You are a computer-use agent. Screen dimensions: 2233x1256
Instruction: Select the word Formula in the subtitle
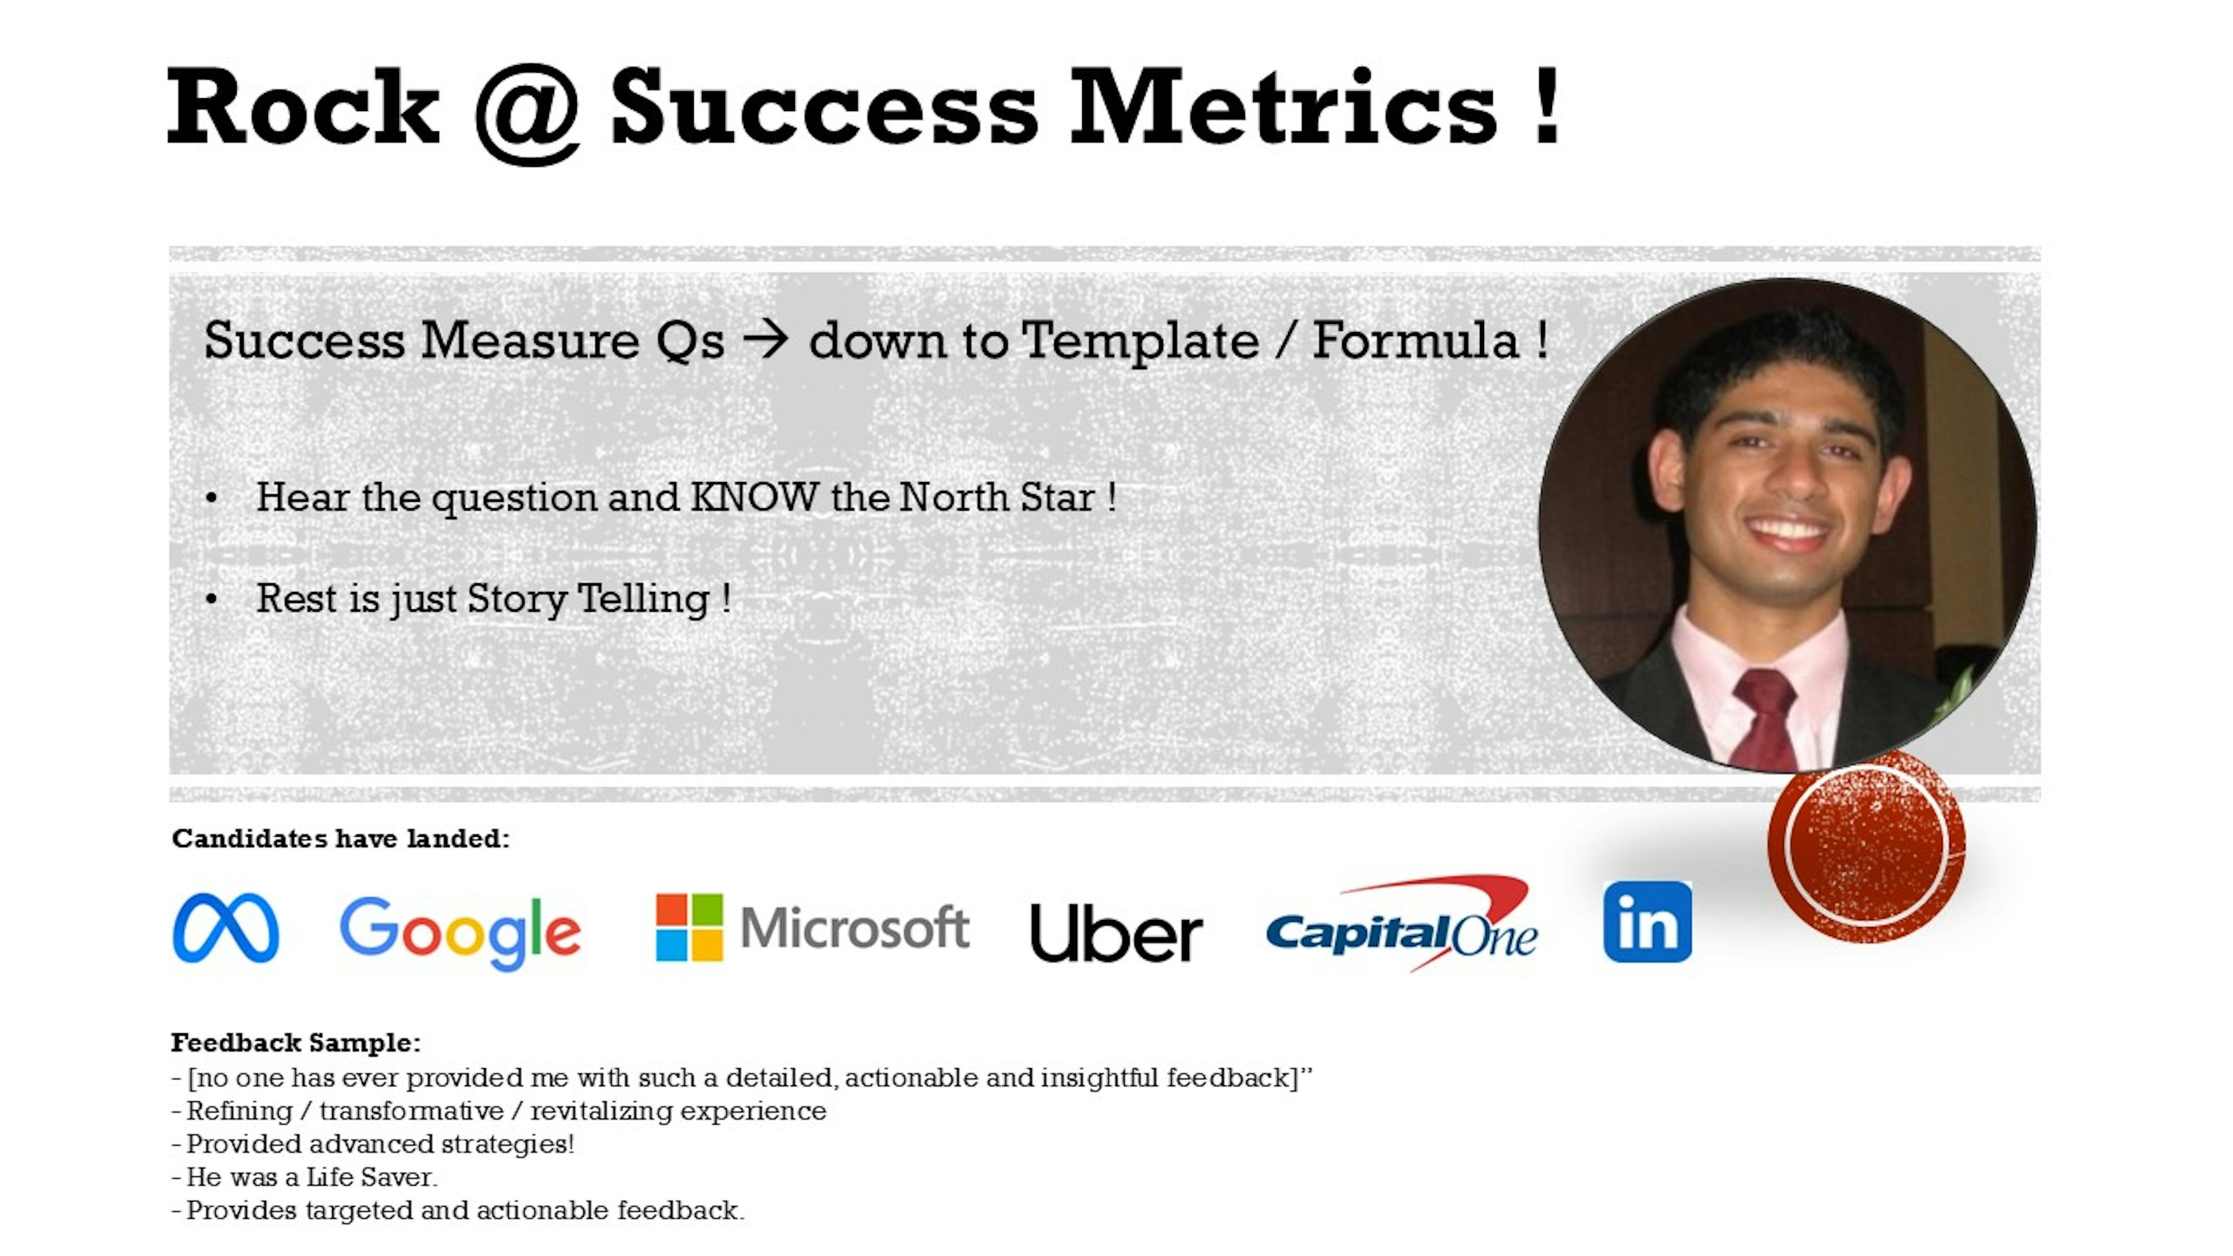click(1415, 339)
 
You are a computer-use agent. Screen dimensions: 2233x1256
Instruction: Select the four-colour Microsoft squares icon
click(689, 927)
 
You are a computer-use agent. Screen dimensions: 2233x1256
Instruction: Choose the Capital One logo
click(1401, 924)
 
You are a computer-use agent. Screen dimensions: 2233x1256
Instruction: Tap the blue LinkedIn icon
click(1647, 922)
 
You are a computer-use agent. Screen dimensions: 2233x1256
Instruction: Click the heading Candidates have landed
click(341, 839)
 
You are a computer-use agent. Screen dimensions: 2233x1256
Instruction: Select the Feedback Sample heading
click(295, 1043)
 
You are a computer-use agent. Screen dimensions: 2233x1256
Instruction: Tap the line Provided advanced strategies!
click(380, 1144)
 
